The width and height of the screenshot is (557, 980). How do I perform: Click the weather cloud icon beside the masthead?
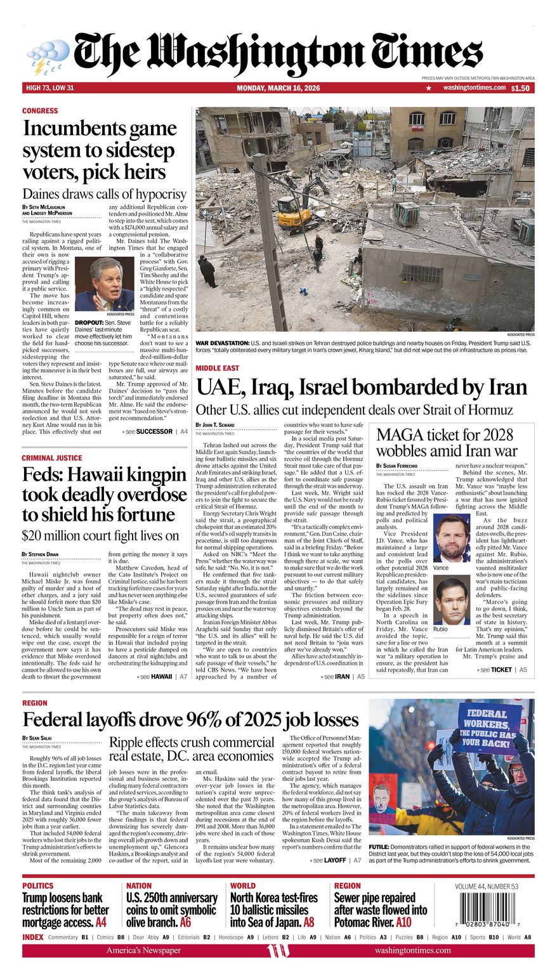[x=48, y=56]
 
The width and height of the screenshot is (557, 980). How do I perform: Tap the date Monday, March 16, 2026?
[x=278, y=88]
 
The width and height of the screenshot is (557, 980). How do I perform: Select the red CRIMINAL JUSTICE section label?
[x=51, y=458]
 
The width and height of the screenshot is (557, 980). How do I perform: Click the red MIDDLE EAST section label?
[x=217, y=369]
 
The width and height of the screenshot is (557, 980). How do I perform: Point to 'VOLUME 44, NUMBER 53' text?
[x=486, y=886]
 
